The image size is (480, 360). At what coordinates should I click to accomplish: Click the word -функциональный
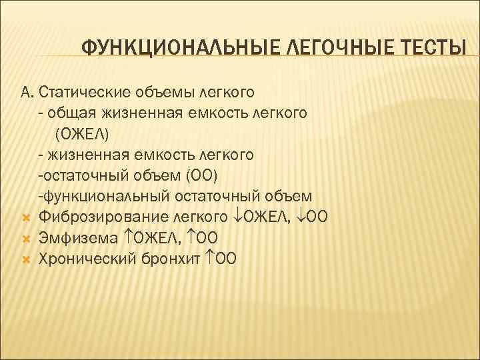105,196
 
